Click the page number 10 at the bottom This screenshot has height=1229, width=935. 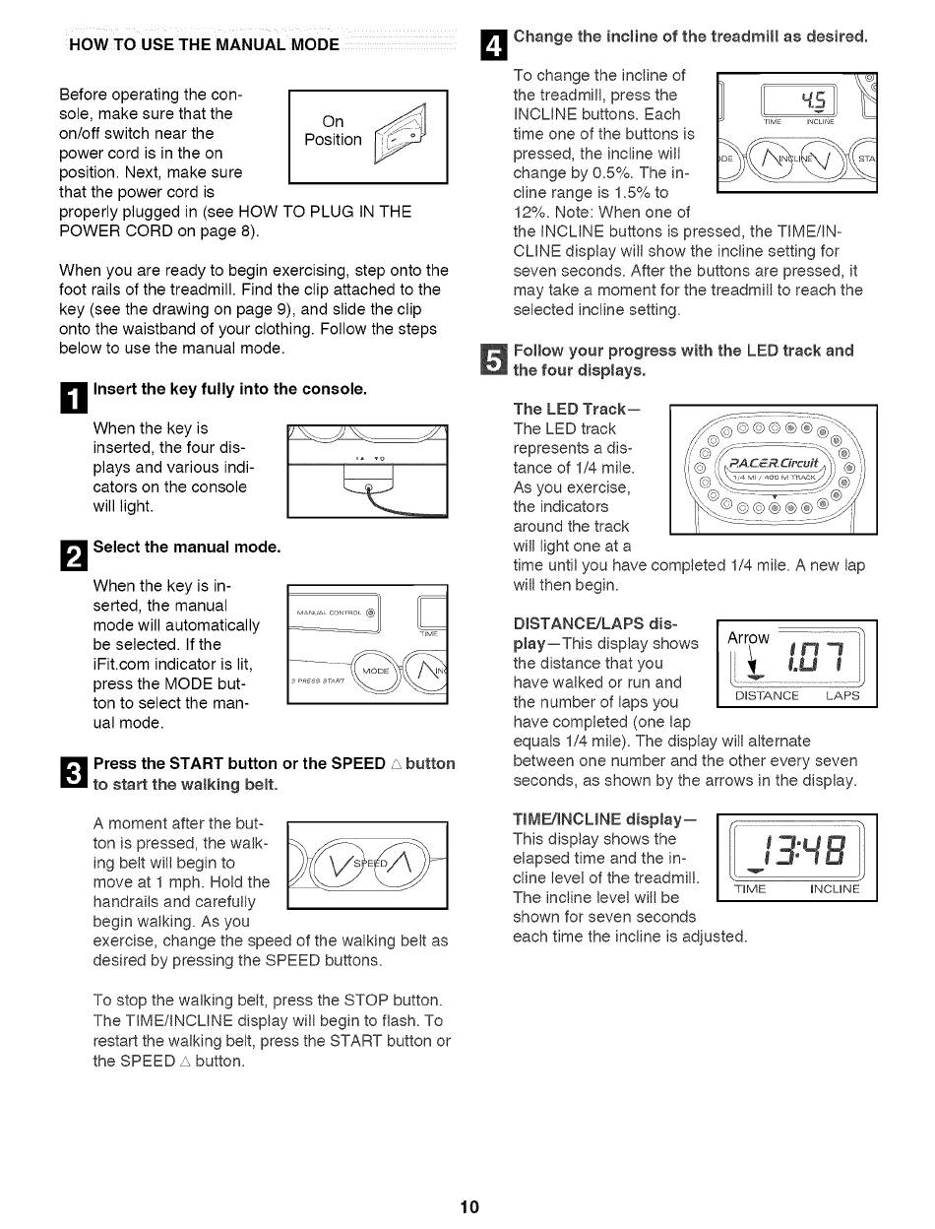[x=469, y=1207]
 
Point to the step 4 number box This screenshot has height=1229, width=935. [x=494, y=44]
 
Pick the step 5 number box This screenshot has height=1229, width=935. [x=496, y=360]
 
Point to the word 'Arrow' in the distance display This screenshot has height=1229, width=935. [x=747, y=637]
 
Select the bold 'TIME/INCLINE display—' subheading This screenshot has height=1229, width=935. [x=604, y=819]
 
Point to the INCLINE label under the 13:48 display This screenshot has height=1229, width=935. [x=835, y=889]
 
